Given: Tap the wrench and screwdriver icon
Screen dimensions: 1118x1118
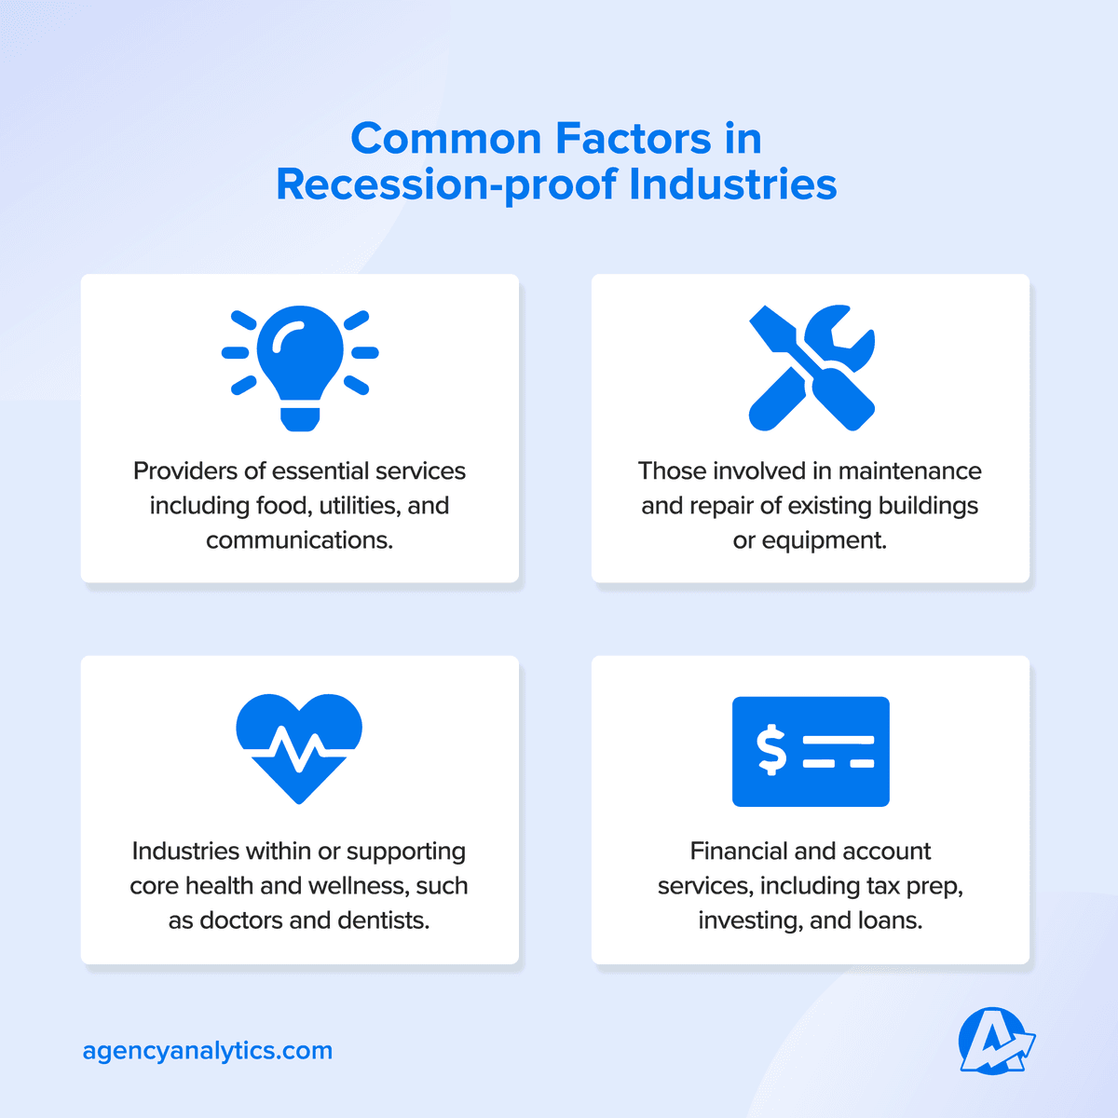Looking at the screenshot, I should point(811,367).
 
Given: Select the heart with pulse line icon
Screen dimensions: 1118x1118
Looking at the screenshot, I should point(299,746).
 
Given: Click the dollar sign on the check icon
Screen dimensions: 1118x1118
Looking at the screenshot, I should point(771,751).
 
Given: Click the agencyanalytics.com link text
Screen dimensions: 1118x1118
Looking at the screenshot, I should point(207,1051).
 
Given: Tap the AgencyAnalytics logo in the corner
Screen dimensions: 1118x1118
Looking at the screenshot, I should point(995,1041).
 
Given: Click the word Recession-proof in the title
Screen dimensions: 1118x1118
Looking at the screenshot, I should point(445,184).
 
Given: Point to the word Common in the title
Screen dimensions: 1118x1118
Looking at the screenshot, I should point(445,139).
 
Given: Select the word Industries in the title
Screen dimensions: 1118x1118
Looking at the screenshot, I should point(732,184).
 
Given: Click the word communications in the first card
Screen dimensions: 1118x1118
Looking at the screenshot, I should point(299,540).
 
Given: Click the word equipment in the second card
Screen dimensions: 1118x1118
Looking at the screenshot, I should point(823,540).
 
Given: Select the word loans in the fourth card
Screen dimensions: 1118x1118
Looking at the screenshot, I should point(892,920).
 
